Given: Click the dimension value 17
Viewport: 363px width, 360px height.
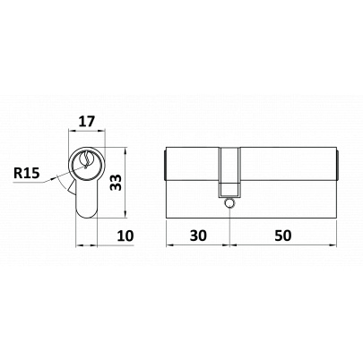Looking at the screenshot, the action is click(87, 122).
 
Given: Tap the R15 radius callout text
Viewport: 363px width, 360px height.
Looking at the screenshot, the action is click(27, 173).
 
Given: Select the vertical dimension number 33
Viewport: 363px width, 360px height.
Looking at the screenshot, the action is click(116, 183).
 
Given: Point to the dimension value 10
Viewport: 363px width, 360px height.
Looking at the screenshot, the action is click(125, 236).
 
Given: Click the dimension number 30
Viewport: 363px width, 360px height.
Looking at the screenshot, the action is click(198, 236).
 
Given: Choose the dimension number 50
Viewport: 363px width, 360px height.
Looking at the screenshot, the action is click(283, 236).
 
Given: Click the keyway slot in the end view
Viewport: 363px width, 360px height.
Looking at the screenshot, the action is click(87, 160).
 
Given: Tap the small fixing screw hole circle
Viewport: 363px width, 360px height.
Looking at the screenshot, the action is click(229, 203).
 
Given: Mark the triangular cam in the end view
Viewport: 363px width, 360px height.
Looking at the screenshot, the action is click(73, 188).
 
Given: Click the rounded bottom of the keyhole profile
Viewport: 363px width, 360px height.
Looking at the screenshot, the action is click(87, 213).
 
